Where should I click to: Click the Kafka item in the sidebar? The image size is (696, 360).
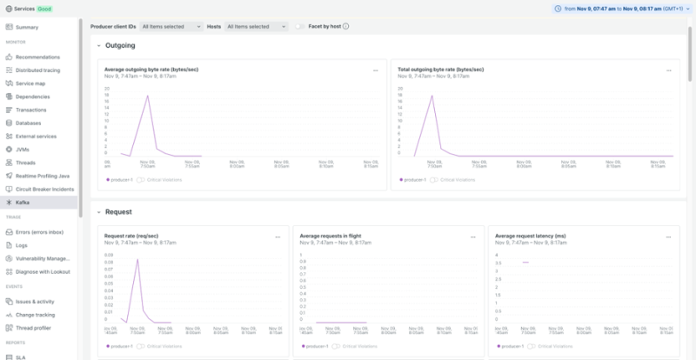point(23,202)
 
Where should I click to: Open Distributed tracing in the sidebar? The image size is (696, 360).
point(37,70)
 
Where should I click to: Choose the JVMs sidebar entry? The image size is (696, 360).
point(23,149)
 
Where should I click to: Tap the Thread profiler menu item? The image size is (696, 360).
point(33,328)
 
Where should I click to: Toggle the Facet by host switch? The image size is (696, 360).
point(300,27)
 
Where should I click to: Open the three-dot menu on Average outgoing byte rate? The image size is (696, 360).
point(376,70)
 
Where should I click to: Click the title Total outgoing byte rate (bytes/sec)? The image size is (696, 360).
point(440,69)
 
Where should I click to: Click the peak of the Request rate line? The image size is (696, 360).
point(137,260)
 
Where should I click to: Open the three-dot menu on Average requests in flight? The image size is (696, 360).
point(473,236)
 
